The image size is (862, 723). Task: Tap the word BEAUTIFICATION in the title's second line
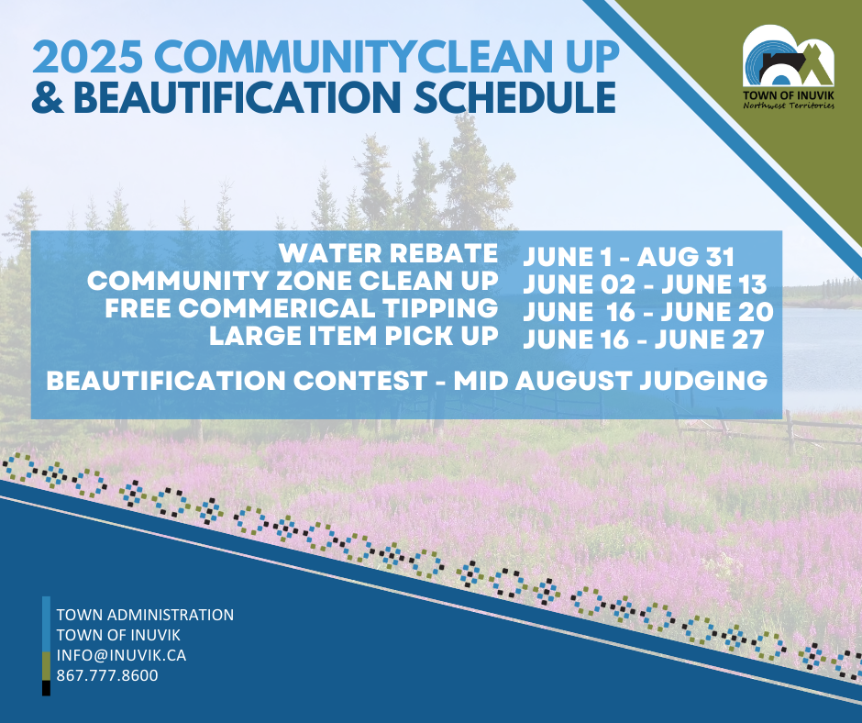(237, 97)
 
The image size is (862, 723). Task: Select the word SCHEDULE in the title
(514, 97)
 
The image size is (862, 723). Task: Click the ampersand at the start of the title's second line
(48, 97)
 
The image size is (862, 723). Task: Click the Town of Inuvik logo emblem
(789, 56)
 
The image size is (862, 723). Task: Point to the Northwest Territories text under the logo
(789, 106)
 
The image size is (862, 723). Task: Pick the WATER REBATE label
(388, 253)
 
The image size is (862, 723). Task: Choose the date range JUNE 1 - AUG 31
(628, 257)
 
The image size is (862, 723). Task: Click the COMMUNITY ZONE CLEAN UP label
(293, 281)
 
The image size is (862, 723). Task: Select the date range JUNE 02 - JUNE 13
(645, 284)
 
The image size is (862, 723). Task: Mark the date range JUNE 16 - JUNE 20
(648, 312)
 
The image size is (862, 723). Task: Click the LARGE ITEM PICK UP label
(353, 336)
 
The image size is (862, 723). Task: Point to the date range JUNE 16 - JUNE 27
(644, 339)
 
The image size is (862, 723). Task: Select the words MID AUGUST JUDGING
(610, 381)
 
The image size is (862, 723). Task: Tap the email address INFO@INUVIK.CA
(121, 655)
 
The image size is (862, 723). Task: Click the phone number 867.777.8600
(107, 675)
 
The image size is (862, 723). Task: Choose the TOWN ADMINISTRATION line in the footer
(145, 615)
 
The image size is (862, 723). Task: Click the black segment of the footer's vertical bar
(46, 688)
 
